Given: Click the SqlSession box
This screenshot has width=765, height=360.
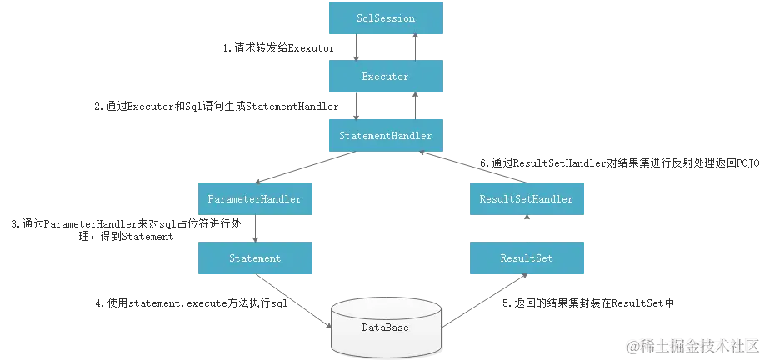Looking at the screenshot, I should pos(385,19).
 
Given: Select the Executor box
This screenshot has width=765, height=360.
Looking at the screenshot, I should pos(385,77).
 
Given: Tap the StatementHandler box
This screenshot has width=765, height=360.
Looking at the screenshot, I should pos(385,134).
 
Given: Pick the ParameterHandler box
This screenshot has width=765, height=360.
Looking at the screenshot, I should pos(253,199).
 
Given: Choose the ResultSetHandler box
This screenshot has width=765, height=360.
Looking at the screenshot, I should pos(526,199).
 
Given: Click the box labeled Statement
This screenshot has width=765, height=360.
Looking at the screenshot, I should pos(253,258).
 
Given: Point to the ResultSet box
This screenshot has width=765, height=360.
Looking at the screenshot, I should pos(526,258).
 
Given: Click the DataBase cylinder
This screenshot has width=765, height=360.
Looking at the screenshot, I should pos(385,327).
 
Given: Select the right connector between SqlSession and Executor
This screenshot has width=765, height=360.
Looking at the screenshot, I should pos(414,48).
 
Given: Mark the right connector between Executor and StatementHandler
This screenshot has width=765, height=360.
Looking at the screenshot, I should pos(414,106).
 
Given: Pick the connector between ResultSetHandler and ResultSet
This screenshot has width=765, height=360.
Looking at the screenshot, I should pos(526,229).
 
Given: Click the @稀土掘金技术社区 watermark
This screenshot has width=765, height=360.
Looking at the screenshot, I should pos(693,345).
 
